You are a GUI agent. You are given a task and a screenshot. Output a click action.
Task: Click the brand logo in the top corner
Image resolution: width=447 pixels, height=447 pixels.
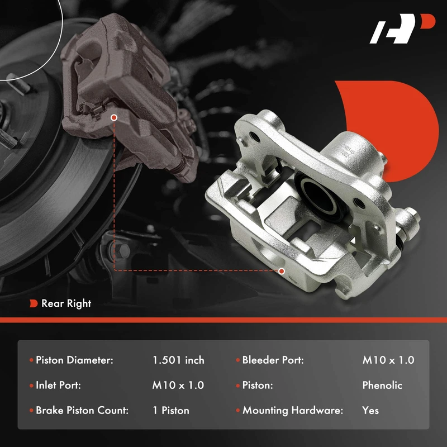pos(402,28)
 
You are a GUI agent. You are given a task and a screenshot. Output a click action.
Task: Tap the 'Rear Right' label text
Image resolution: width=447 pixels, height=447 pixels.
pos(66,303)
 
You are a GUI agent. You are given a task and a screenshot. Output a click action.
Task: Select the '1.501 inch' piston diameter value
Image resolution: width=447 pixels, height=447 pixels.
pos(178,360)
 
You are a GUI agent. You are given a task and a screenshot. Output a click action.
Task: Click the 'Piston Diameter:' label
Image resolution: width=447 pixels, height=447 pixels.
pos(74,360)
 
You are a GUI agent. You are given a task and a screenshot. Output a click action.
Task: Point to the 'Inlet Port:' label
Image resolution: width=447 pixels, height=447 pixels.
pos(58,385)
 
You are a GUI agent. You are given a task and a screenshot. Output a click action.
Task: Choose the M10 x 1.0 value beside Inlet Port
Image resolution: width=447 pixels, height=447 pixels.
pos(178,385)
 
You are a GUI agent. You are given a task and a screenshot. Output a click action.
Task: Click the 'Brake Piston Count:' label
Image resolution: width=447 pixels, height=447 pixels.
pos(82,410)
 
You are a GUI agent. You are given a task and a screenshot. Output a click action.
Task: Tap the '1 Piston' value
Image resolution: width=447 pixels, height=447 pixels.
pos(171,410)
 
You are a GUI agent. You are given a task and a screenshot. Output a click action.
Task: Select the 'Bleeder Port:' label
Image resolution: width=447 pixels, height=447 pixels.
pos(273,360)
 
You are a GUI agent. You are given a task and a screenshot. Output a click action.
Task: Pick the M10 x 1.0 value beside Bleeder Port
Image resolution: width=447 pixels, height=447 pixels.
pos(388,360)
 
